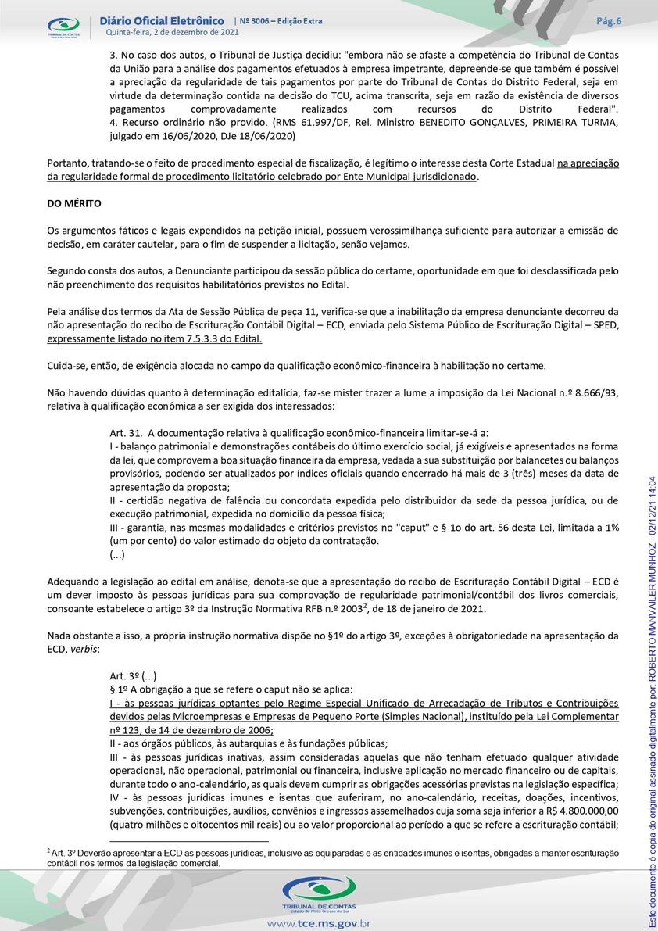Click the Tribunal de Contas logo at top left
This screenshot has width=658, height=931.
tap(63, 26)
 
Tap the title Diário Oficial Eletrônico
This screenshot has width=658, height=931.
tap(163, 20)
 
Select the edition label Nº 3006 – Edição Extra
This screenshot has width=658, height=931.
tap(278, 21)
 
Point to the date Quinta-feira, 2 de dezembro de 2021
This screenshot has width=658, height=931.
tap(172, 32)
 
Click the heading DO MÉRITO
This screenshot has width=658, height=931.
tap(74, 203)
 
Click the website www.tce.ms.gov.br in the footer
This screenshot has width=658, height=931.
tap(318, 923)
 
